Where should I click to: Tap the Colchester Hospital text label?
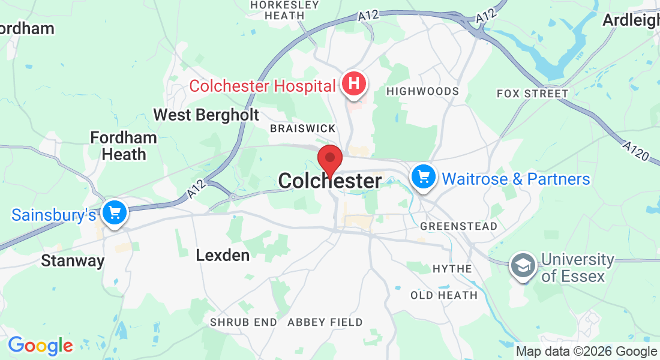coord(262,86)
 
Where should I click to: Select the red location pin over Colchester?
coord(329,160)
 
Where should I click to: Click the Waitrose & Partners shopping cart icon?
coord(424,177)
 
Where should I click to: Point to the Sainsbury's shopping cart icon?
coord(114,212)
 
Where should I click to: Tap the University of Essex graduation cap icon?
coord(523,265)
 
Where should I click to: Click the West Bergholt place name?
coord(206,115)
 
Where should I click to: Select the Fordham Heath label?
coord(124,146)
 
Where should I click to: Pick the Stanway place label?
coord(73,261)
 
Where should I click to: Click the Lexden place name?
coord(223,255)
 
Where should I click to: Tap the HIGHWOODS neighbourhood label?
coord(423,91)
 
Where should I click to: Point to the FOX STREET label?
coord(532,94)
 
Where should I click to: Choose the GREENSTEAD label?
coord(458,226)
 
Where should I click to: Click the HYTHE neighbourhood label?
coord(452,269)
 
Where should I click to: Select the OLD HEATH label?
coord(444,295)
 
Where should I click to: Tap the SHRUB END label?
coord(243,322)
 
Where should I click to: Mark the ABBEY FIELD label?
coord(325,322)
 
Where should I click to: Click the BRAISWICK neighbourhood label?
coord(302,128)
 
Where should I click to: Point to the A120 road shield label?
coord(635,152)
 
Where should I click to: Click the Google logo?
coord(40,346)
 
